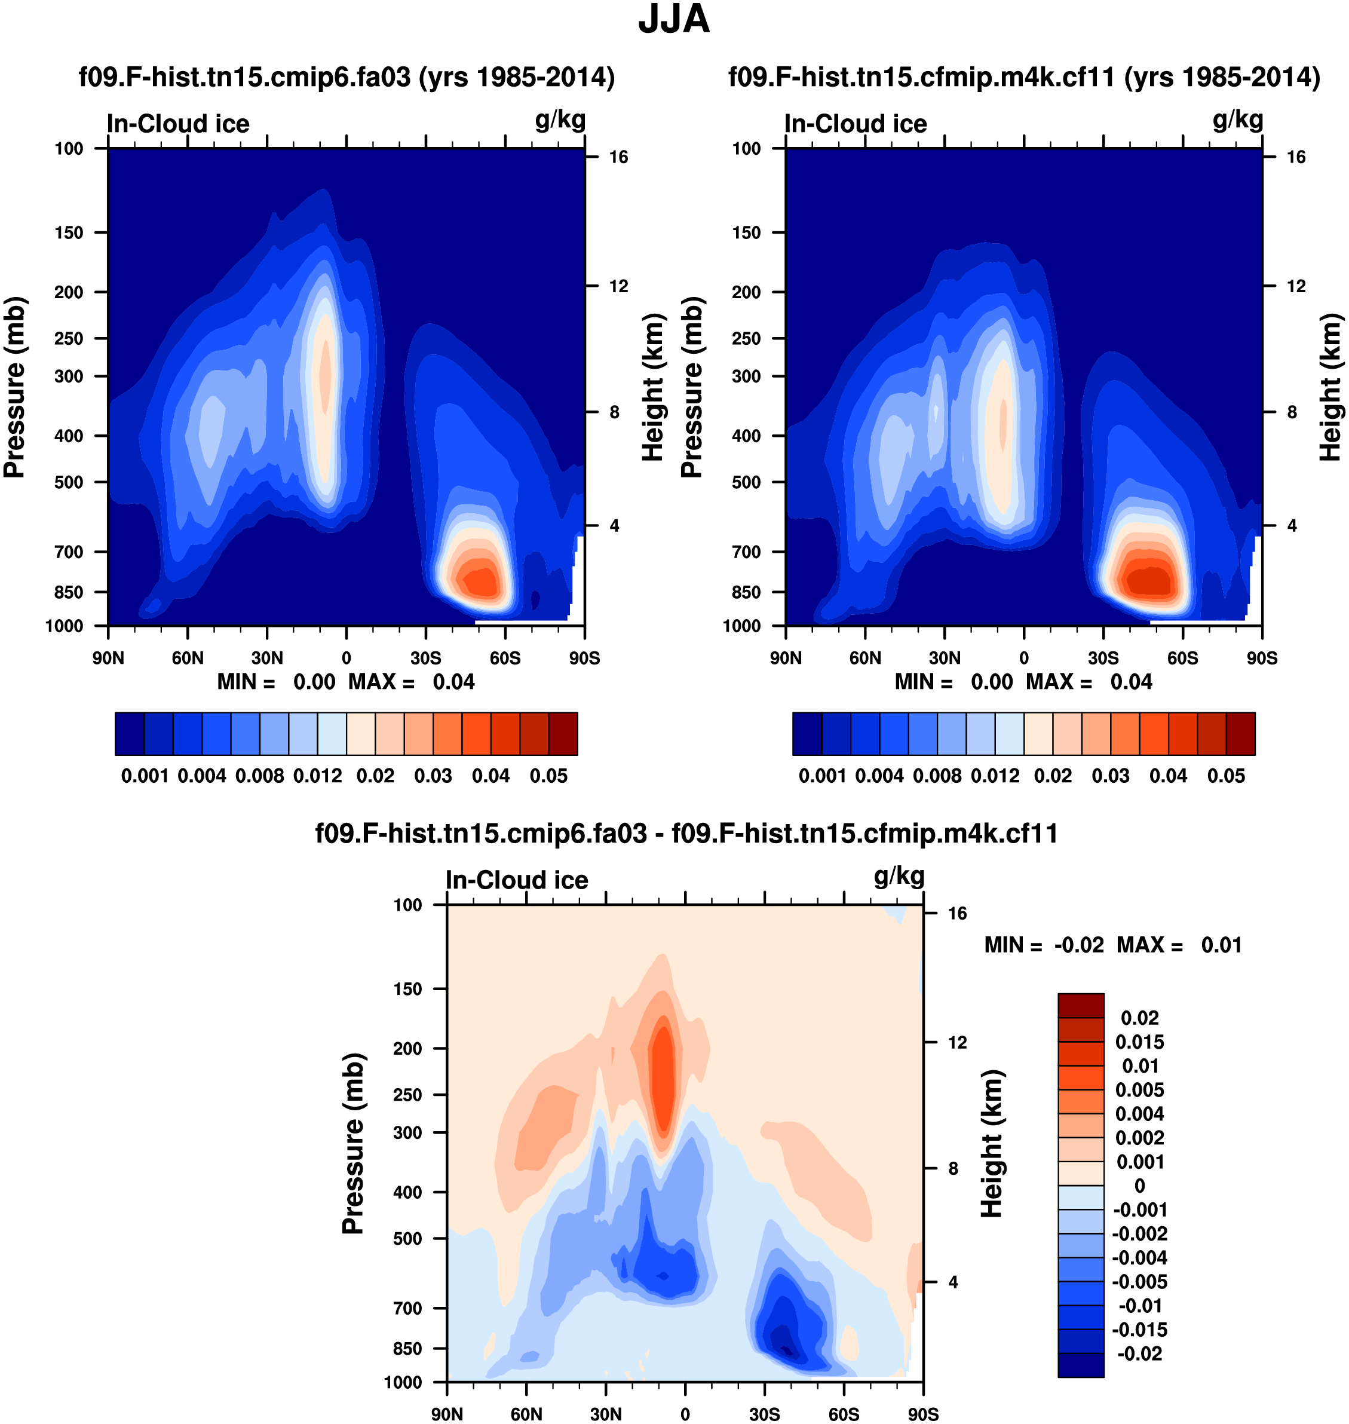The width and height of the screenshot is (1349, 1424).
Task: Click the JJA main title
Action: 674,20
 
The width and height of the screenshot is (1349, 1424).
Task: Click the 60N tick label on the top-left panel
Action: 188,658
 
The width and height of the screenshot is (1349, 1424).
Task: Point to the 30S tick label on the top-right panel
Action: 1103,658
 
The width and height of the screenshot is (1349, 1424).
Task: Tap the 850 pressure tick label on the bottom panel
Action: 407,1349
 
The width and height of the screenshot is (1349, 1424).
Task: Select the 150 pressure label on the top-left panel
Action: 69,232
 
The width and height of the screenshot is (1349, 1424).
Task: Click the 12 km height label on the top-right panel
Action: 1296,286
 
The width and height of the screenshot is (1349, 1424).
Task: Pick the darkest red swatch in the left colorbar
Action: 563,734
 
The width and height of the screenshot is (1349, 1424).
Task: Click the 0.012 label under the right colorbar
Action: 995,776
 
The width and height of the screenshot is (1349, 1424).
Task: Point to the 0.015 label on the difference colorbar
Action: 1140,1042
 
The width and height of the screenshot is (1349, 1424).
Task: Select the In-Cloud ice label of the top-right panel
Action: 856,124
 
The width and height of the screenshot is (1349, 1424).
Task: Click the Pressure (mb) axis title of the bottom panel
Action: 353,1144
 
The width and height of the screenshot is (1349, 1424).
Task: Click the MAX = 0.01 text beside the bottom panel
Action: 1179,945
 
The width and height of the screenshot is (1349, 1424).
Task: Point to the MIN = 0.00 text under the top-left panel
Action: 276,682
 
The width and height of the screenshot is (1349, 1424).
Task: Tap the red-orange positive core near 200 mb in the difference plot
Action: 663,1064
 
